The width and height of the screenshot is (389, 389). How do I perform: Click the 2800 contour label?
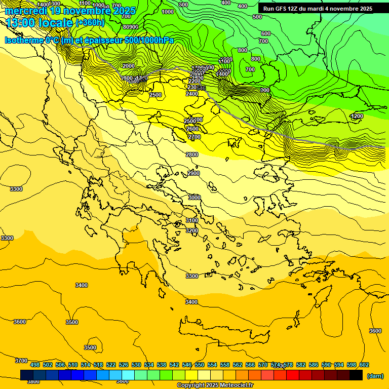[192, 154]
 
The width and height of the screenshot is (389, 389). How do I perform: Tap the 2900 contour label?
[193, 173]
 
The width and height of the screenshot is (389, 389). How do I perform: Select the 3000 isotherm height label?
[194, 198]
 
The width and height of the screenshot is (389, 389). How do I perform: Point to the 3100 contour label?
[192, 220]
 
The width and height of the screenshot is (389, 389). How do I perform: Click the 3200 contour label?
[192, 230]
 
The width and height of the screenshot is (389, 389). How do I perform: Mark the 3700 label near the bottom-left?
[21, 361]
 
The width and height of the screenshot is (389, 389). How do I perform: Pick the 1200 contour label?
[357, 116]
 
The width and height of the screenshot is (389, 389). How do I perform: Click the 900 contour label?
[264, 90]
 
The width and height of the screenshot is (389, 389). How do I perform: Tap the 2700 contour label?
[194, 137]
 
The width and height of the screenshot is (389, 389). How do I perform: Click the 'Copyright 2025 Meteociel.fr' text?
[215, 385]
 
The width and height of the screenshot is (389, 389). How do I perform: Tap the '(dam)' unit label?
[374, 375]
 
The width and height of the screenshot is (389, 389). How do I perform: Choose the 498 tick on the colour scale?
[35, 365]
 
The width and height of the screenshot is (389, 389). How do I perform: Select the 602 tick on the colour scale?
[364, 365]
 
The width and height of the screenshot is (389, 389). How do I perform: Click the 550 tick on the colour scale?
[200, 365]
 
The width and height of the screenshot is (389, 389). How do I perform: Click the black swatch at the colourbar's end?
[356, 375]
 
